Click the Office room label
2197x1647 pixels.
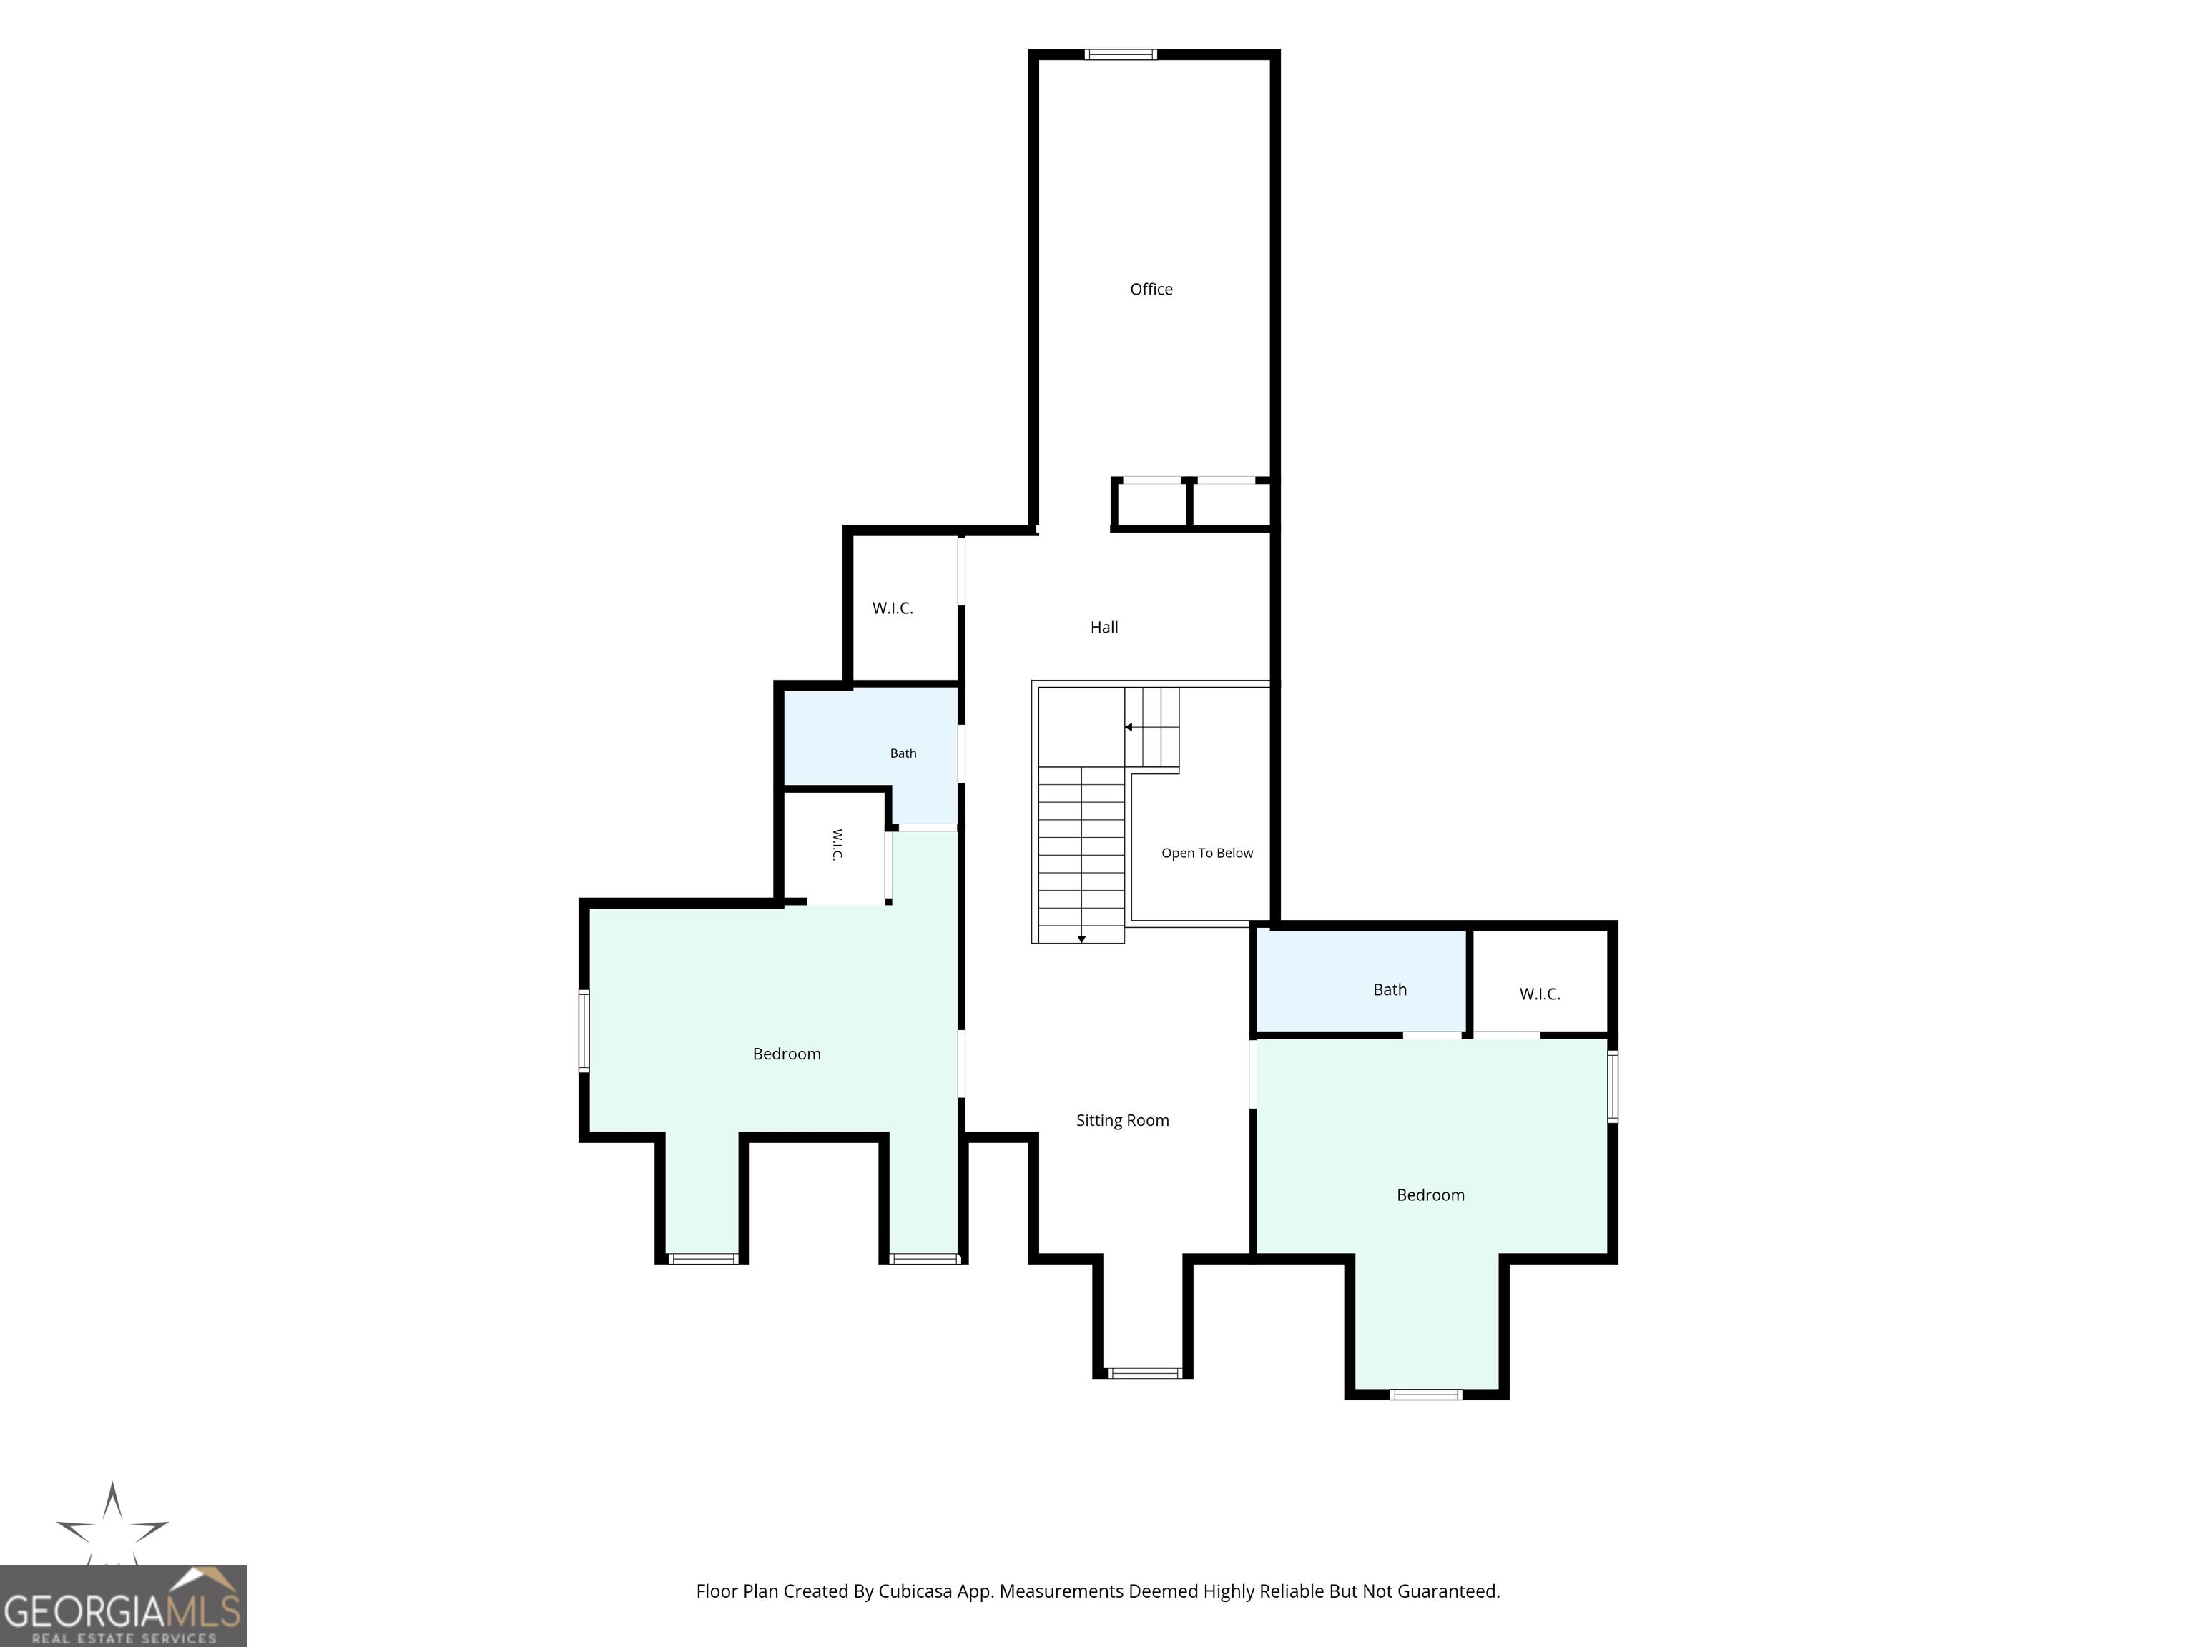pos(1151,289)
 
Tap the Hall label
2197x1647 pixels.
pos(1104,628)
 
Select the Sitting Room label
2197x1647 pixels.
pos(1122,1120)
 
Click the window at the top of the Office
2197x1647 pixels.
pos(1121,54)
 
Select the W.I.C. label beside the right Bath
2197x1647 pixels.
pos(1540,994)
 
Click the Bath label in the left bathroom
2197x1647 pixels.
pos(903,753)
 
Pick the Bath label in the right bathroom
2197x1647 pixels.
pos(1390,990)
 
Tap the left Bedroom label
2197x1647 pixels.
pos(787,1054)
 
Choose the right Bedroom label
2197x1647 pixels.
pos(1430,1195)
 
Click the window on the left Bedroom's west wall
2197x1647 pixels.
pos(584,1031)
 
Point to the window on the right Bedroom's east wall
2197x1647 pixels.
pos(1612,1086)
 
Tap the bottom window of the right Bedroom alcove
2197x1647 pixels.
pos(1426,1395)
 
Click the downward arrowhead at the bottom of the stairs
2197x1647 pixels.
pos(1081,939)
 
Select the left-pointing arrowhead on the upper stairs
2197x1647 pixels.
pos(1129,728)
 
